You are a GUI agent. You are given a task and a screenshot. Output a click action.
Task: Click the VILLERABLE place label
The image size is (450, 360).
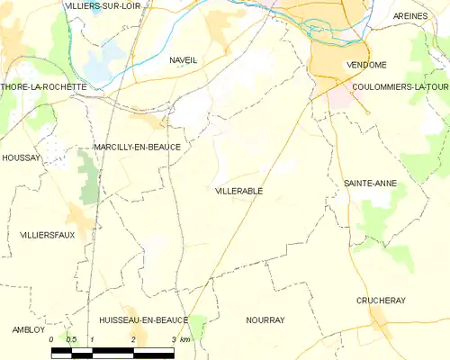point(238,191)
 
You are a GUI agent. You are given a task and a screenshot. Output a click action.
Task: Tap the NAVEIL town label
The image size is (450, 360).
point(183,59)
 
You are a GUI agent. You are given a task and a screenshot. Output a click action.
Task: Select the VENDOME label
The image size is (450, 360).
point(366,66)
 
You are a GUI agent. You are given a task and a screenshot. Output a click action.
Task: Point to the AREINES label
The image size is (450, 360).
point(417,16)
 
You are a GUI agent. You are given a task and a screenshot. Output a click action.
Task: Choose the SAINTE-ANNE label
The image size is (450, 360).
point(370,183)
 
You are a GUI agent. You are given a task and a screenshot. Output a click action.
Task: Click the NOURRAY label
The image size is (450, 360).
point(265,319)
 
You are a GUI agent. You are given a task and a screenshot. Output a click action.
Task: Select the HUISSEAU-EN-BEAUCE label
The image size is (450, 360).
point(144,319)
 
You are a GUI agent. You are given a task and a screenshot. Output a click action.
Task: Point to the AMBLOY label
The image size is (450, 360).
point(28,329)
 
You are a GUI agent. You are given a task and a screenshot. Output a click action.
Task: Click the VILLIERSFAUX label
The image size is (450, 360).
point(47,234)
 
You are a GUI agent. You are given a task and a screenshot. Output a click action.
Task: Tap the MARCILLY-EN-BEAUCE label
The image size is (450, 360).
point(137,147)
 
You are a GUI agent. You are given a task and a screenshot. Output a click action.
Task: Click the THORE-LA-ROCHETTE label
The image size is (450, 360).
point(44,87)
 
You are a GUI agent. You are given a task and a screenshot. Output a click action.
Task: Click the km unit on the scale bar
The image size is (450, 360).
point(185,339)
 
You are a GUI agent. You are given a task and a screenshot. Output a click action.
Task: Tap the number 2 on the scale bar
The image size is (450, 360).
point(133,339)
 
